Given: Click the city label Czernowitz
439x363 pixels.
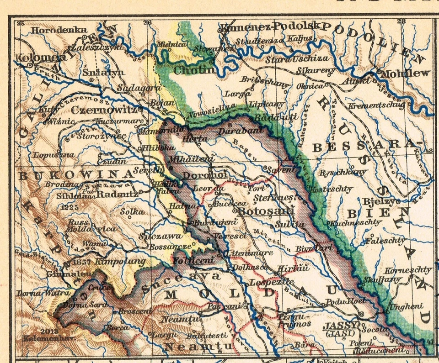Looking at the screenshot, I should tap(104, 110).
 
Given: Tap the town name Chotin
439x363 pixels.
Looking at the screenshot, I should tap(194, 71).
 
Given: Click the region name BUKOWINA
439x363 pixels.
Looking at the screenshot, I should tap(75, 174).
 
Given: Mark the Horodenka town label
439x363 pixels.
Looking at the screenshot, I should tap(59, 30).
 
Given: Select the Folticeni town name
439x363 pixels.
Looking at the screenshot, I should tap(193, 261).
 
